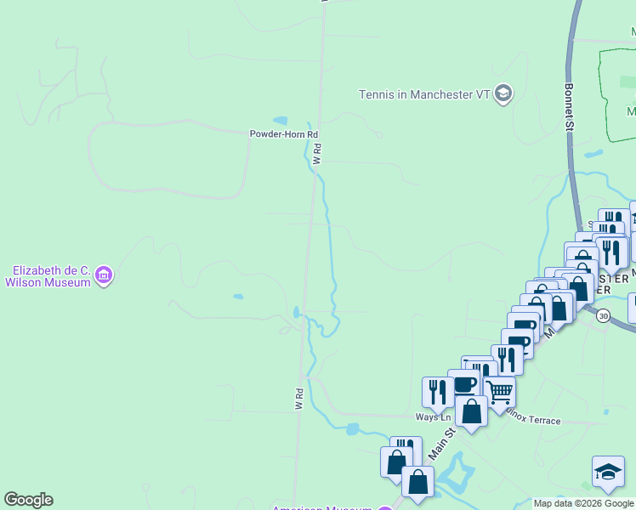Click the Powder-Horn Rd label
[283, 134]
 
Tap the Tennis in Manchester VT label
[424, 93]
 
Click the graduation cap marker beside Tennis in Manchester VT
[503, 93]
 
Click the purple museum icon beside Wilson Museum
[105, 275]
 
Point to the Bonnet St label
[570, 106]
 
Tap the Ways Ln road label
[433, 416]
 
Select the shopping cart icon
[499, 392]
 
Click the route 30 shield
[603, 315]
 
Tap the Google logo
[28, 500]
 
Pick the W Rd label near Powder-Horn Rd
[317, 155]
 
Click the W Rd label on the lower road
[299, 399]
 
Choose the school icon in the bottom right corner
[608, 473]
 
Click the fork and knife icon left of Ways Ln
[437, 392]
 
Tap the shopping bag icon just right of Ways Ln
[471, 411]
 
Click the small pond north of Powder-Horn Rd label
[280, 121]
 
